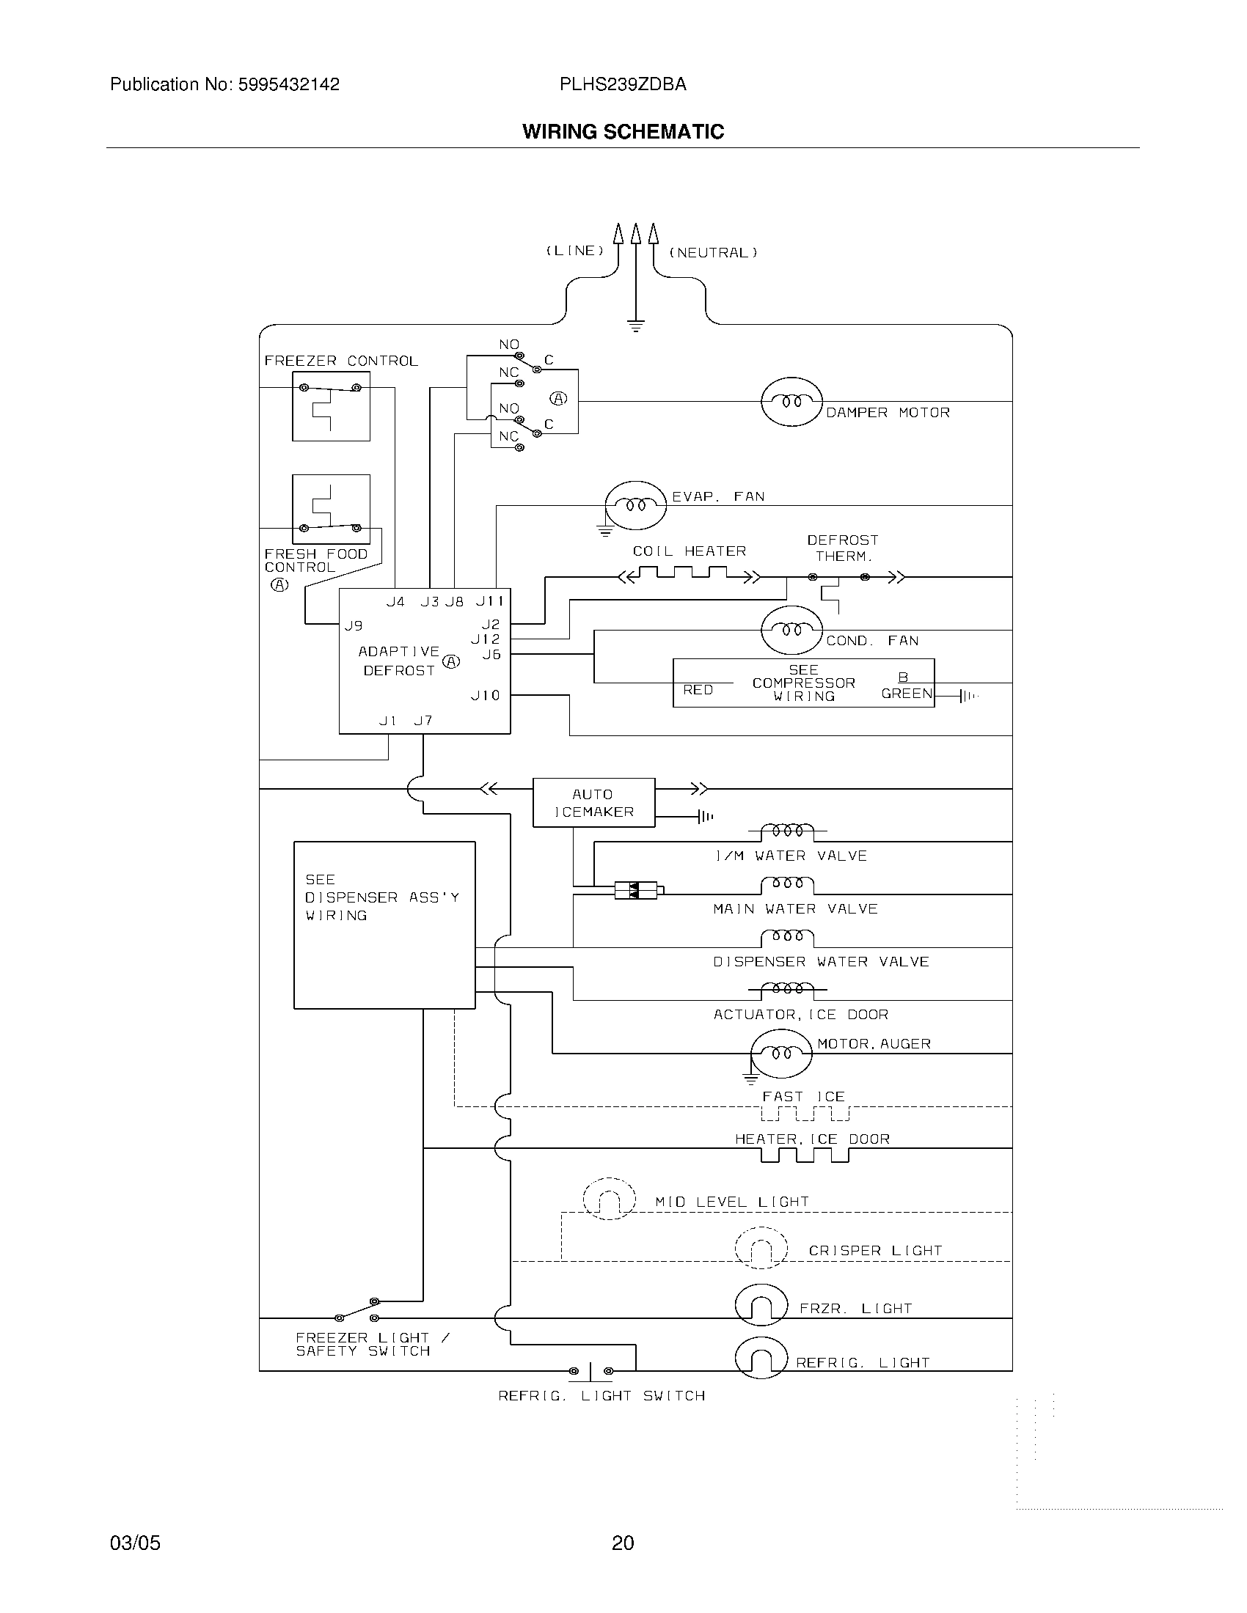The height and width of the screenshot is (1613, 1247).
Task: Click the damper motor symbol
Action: [x=791, y=401]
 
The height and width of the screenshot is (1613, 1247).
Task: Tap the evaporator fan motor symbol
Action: [x=635, y=505]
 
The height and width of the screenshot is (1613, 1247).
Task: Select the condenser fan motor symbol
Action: [x=791, y=630]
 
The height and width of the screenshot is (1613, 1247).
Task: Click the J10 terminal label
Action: [x=486, y=695]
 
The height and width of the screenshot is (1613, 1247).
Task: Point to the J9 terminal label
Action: [x=353, y=625]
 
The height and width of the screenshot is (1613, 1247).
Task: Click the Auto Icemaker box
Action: [x=593, y=803]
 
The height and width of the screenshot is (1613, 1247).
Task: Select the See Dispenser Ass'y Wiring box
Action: [x=384, y=925]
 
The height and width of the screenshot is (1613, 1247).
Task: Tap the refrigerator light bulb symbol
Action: [x=761, y=1357]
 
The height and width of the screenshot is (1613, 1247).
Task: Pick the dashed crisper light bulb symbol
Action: [x=761, y=1248]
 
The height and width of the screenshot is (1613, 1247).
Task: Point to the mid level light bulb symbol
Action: [x=609, y=1198]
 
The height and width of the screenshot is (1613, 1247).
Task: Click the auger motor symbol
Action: [x=781, y=1052]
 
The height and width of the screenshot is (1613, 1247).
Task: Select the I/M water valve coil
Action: [x=788, y=831]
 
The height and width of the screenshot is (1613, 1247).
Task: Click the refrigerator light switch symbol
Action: [x=590, y=1372]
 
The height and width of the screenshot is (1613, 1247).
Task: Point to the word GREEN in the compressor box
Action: [x=907, y=694]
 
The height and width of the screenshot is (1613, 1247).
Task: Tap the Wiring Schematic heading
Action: [x=623, y=131]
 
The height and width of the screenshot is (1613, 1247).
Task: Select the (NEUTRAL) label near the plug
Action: [x=713, y=253]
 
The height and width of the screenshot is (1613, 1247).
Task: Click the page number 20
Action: [x=623, y=1543]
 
